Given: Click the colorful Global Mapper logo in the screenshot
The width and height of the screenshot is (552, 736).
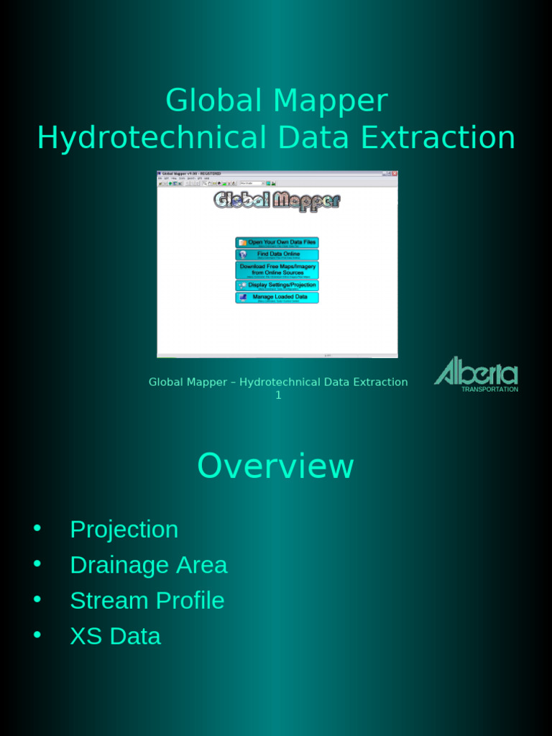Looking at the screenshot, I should pos(277,200).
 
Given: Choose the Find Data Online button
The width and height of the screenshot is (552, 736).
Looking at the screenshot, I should pos(277,254).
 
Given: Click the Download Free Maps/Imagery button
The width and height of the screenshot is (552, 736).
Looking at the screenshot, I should pos(277,270).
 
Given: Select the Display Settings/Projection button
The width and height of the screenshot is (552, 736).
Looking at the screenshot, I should pos(277,285).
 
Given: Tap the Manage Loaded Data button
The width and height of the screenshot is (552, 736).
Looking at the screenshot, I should pos(277,297).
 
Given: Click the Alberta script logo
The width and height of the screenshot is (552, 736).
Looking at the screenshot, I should pos(476,371).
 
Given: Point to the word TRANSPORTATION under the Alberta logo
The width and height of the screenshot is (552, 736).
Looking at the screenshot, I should pos(489,389).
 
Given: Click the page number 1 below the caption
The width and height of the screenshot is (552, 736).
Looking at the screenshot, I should pos(278,395).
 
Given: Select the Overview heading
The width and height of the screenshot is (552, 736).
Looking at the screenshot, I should pos(275,466).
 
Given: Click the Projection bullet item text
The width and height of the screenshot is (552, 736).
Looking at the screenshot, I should pos(124,530).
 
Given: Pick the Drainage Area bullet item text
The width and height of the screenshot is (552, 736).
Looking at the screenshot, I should pos(148,565).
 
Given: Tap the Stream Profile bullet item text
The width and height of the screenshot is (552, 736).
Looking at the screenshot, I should pos(147,600).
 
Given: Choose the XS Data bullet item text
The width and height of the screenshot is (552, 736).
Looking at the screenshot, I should pos(115,636).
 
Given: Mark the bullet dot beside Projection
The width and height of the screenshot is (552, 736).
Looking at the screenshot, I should pos(37,529).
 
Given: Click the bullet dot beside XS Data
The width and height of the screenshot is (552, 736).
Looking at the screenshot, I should pos(37,635).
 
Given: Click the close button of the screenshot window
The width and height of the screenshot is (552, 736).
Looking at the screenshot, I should pos(394,173).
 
